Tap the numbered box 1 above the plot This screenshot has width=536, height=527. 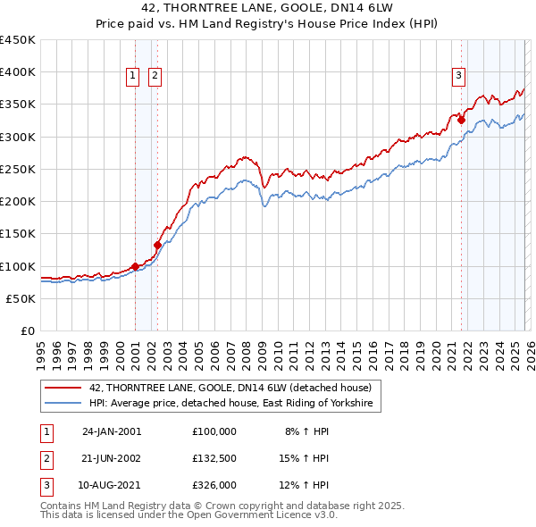coord(132,77)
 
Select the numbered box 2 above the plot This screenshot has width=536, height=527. coord(155,77)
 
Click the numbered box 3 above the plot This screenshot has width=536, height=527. coord(458,77)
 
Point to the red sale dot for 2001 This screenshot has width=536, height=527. coord(135,265)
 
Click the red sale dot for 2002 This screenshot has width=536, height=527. coord(157,245)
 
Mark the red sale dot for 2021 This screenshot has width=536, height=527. coord(462,121)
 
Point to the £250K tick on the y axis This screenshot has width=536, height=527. coord(19,169)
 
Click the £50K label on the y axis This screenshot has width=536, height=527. coord(22,298)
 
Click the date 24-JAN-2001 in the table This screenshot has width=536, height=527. coord(112,431)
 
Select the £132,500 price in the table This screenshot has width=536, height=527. coord(214,458)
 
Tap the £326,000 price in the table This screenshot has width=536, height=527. coord(214,486)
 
